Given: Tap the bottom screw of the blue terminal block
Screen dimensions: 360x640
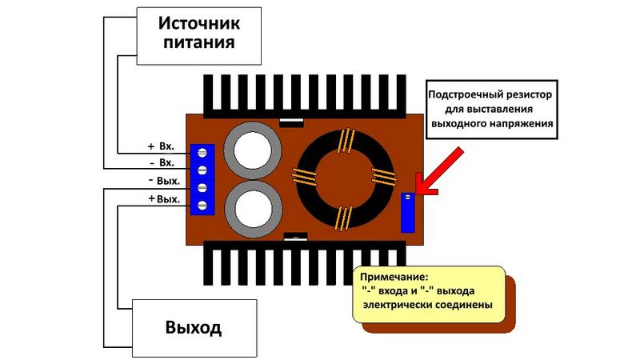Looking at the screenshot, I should pyautogui.click(x=202, y=206).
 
